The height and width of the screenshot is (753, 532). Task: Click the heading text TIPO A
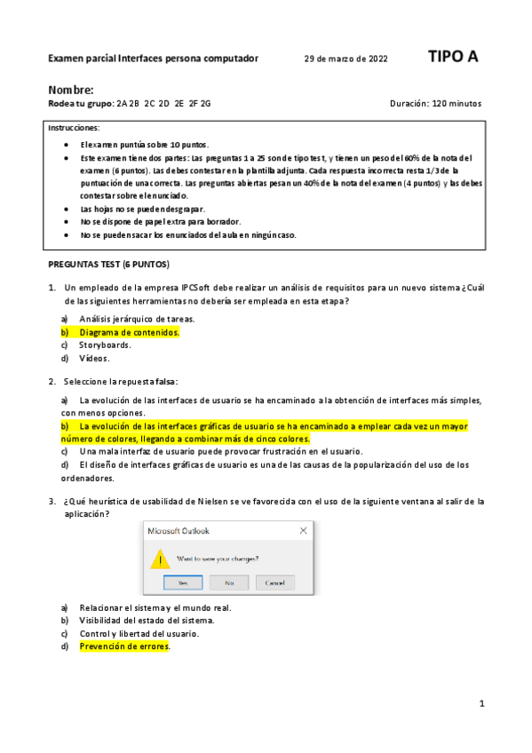pyautogui.click(x=453, y=57)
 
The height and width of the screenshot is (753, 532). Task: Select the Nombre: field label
pyautogui.click(x=70, y=90)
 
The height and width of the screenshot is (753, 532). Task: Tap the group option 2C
pyautogui.click(x=150, y=104)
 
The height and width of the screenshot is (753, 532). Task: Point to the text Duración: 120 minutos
pyautogui.click(x=435, y=104)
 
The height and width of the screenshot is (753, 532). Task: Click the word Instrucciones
pyautogui.click(x=74, y=128)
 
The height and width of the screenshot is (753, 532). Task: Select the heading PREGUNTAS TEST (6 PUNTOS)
pyautogui.click(x=107, y=265)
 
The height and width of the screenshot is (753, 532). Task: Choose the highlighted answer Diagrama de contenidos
pyautogui.click(x=129, y=332)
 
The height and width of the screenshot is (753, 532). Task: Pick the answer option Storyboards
pyautogui.click(x=105, y=345)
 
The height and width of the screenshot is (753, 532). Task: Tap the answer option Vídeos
pyautogui.click(x=94, y=359)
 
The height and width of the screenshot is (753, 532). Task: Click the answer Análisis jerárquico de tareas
pyautogui.click(x=137, y=319)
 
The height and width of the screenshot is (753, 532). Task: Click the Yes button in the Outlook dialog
pyautogui.click(x=182, y=583)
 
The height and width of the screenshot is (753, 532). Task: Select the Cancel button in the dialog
pyautogui.click(x=274, y=583)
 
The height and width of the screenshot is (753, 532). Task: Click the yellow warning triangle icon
pyautogui.click(x=160, y=559)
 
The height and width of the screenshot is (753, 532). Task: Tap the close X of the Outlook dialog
pyautogui.click(x=305, y=531)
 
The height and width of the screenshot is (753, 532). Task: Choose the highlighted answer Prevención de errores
pyautogui.click(x=124, y=646)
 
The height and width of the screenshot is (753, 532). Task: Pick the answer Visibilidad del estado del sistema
pyautogui.click(x=147, y=621)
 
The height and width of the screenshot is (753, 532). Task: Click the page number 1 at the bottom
pyautogui.click(x=481, y=704)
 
